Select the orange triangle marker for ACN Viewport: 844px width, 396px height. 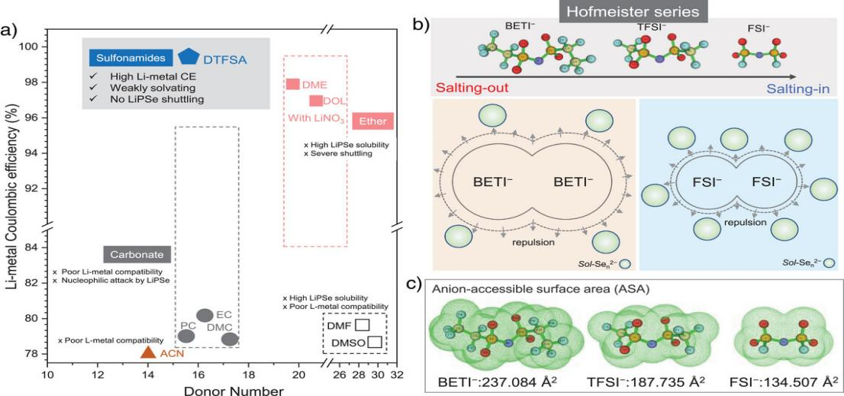point(148,352)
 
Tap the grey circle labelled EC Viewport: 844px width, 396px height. point(205,315)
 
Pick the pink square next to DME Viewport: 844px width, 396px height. point(292,84)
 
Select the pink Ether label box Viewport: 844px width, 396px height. point(373,121)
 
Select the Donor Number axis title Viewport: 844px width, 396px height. point(221,390)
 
